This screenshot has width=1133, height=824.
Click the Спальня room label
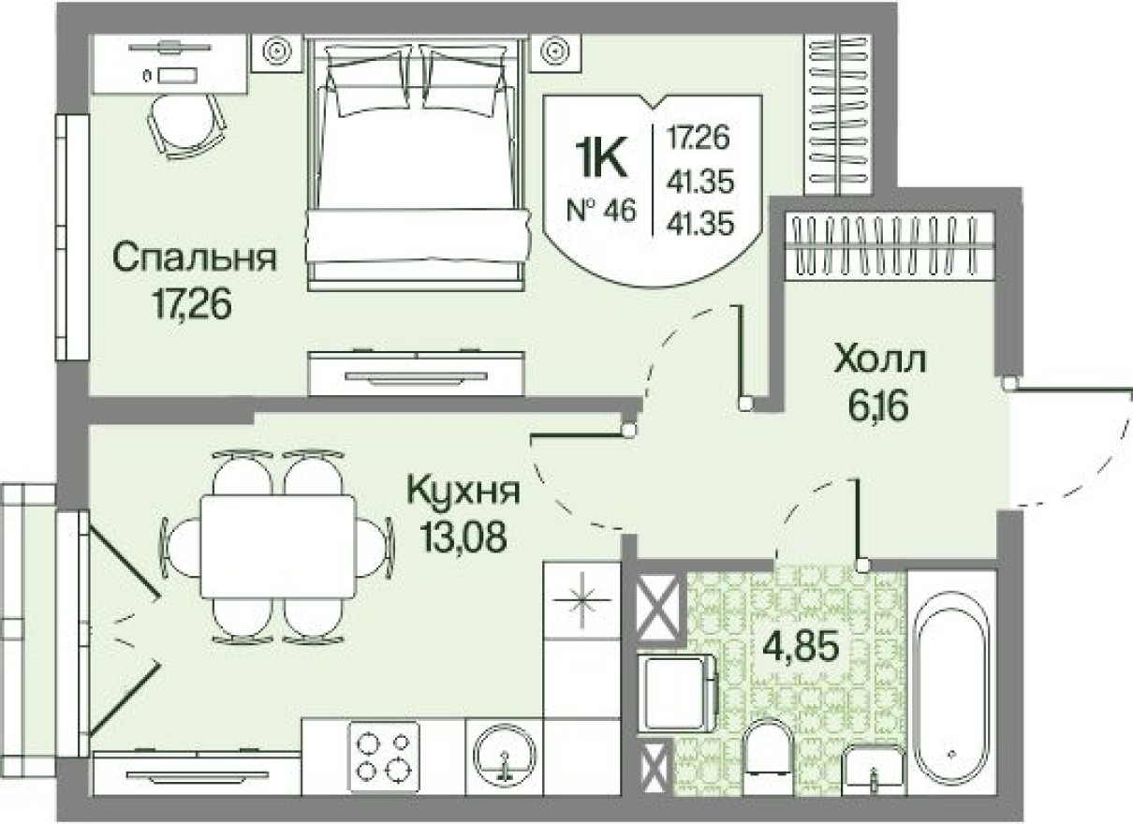(195, 258)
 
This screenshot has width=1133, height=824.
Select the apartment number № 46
(600, 209)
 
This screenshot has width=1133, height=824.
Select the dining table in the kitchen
(278, 546)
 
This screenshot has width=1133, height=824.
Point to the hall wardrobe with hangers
(889, 244)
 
